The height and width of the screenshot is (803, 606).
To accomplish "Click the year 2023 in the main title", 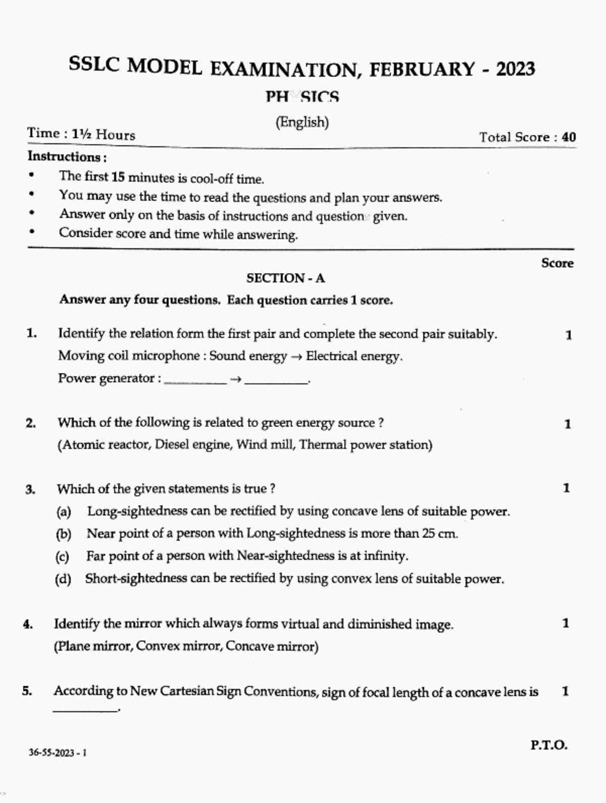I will [x=515, y=69].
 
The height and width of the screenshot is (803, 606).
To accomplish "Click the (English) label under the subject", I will [x=302, y=122].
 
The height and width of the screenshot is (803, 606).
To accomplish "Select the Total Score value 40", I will [x=569, y=137].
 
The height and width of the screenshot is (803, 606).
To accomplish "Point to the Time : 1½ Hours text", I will [x=81, y=134].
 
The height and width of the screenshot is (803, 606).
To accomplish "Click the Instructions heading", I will [x=67, y=157].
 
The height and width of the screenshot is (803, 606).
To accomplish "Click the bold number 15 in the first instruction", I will [x=118, y=177].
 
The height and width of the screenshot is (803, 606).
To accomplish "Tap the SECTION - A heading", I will [x=285, y=278].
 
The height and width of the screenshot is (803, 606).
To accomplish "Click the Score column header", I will [x=557, y=263].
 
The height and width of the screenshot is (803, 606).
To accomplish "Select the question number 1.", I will [x=31, y=333].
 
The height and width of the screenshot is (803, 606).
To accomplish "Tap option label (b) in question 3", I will [x=64, y=534].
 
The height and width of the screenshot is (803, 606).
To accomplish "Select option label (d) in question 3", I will [x=63, y=579].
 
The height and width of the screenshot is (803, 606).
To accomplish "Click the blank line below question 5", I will [x=85, y=710].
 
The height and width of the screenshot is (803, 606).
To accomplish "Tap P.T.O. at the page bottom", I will [x=549, y=745].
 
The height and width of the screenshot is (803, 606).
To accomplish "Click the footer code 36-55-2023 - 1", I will [x=58, y=753].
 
